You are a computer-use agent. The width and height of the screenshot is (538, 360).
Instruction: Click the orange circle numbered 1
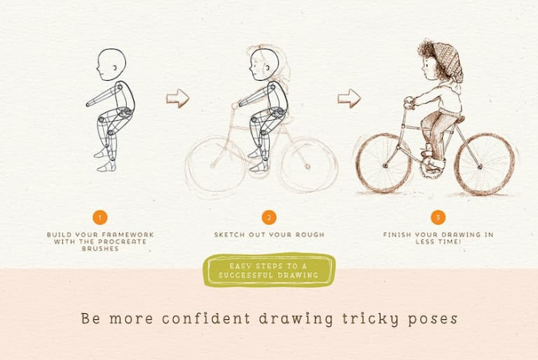(x=100, y=218)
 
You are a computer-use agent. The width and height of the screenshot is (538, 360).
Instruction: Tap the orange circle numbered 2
(x=269, y=218)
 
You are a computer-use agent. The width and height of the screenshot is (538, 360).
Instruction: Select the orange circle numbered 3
(x=438, y=218)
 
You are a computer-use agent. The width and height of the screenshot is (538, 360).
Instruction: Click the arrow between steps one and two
(x=178, y=98)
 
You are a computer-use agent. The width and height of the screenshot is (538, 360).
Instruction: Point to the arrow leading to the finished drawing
(x=349, y=98)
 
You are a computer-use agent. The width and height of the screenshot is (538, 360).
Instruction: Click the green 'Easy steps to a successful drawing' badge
(x=269, y=270)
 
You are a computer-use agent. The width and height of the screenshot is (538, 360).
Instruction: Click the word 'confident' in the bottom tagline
(x=206, y=318)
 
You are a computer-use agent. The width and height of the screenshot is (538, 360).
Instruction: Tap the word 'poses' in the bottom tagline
(x=433, y=319)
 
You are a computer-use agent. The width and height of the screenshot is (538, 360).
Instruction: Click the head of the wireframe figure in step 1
(x=111, y=65)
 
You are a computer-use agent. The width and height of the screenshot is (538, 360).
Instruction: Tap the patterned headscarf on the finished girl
(x=448, y=61)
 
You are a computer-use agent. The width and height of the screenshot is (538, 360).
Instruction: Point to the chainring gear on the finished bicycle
(x=429, y=169)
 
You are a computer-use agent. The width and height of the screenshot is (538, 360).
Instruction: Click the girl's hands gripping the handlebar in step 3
(x=409, y=102)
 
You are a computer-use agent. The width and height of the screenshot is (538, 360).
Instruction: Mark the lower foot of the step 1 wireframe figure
(x=107, y=167)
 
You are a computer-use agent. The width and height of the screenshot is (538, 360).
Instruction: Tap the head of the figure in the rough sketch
(x=264, y=65)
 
